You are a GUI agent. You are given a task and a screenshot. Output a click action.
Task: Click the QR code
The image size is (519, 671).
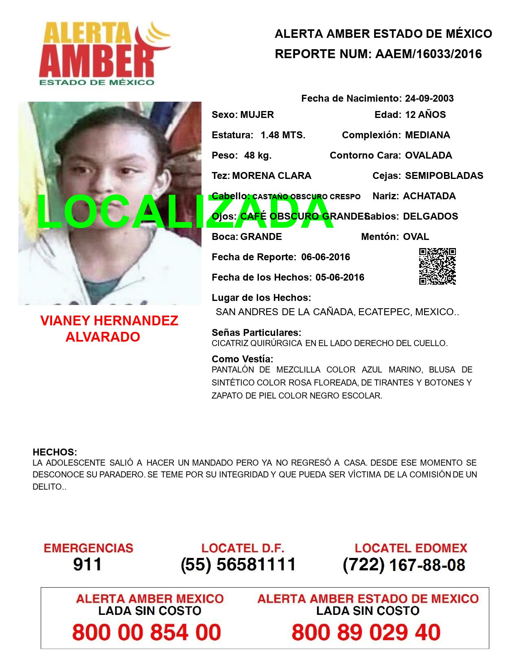point(437,266)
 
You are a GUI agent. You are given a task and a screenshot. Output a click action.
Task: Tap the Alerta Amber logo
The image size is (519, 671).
point(104,53)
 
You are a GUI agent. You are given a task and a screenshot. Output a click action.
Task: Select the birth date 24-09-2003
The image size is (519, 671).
point(429,98)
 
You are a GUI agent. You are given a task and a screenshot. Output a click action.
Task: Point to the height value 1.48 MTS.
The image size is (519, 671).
point(283,135)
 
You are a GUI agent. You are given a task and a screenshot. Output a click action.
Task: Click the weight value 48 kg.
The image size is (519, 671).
point(258,155)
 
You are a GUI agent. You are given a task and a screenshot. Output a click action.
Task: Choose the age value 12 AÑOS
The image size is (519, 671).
point(425,115)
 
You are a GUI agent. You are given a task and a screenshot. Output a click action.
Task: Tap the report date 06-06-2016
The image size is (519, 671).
point(326,257)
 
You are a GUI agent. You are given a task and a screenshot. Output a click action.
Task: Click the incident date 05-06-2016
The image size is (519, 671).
point(340,277)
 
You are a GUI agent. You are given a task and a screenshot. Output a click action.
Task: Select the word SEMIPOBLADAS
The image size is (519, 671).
point(444,176)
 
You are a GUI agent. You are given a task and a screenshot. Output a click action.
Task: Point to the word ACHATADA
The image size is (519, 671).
point(429,196)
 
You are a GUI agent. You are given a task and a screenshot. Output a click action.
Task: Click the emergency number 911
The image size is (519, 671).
point(88,564)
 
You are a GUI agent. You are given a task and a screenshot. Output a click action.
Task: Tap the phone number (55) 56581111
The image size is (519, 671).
point(238,564)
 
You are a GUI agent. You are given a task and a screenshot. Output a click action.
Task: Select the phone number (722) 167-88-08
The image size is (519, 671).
point(404,564)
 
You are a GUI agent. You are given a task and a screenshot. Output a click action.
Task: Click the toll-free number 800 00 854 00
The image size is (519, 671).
point(147,632)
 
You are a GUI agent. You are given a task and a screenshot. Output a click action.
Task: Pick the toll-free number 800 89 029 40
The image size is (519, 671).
point(366,632)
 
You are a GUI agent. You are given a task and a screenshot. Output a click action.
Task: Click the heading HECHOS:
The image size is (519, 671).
point(55,452)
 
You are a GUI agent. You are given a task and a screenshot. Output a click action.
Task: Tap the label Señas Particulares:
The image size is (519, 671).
point(256,333)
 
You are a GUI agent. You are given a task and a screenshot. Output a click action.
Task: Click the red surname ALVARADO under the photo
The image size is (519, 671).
point(103,337)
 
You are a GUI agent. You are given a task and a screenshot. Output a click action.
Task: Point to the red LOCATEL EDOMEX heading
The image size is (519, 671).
point(411,548)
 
